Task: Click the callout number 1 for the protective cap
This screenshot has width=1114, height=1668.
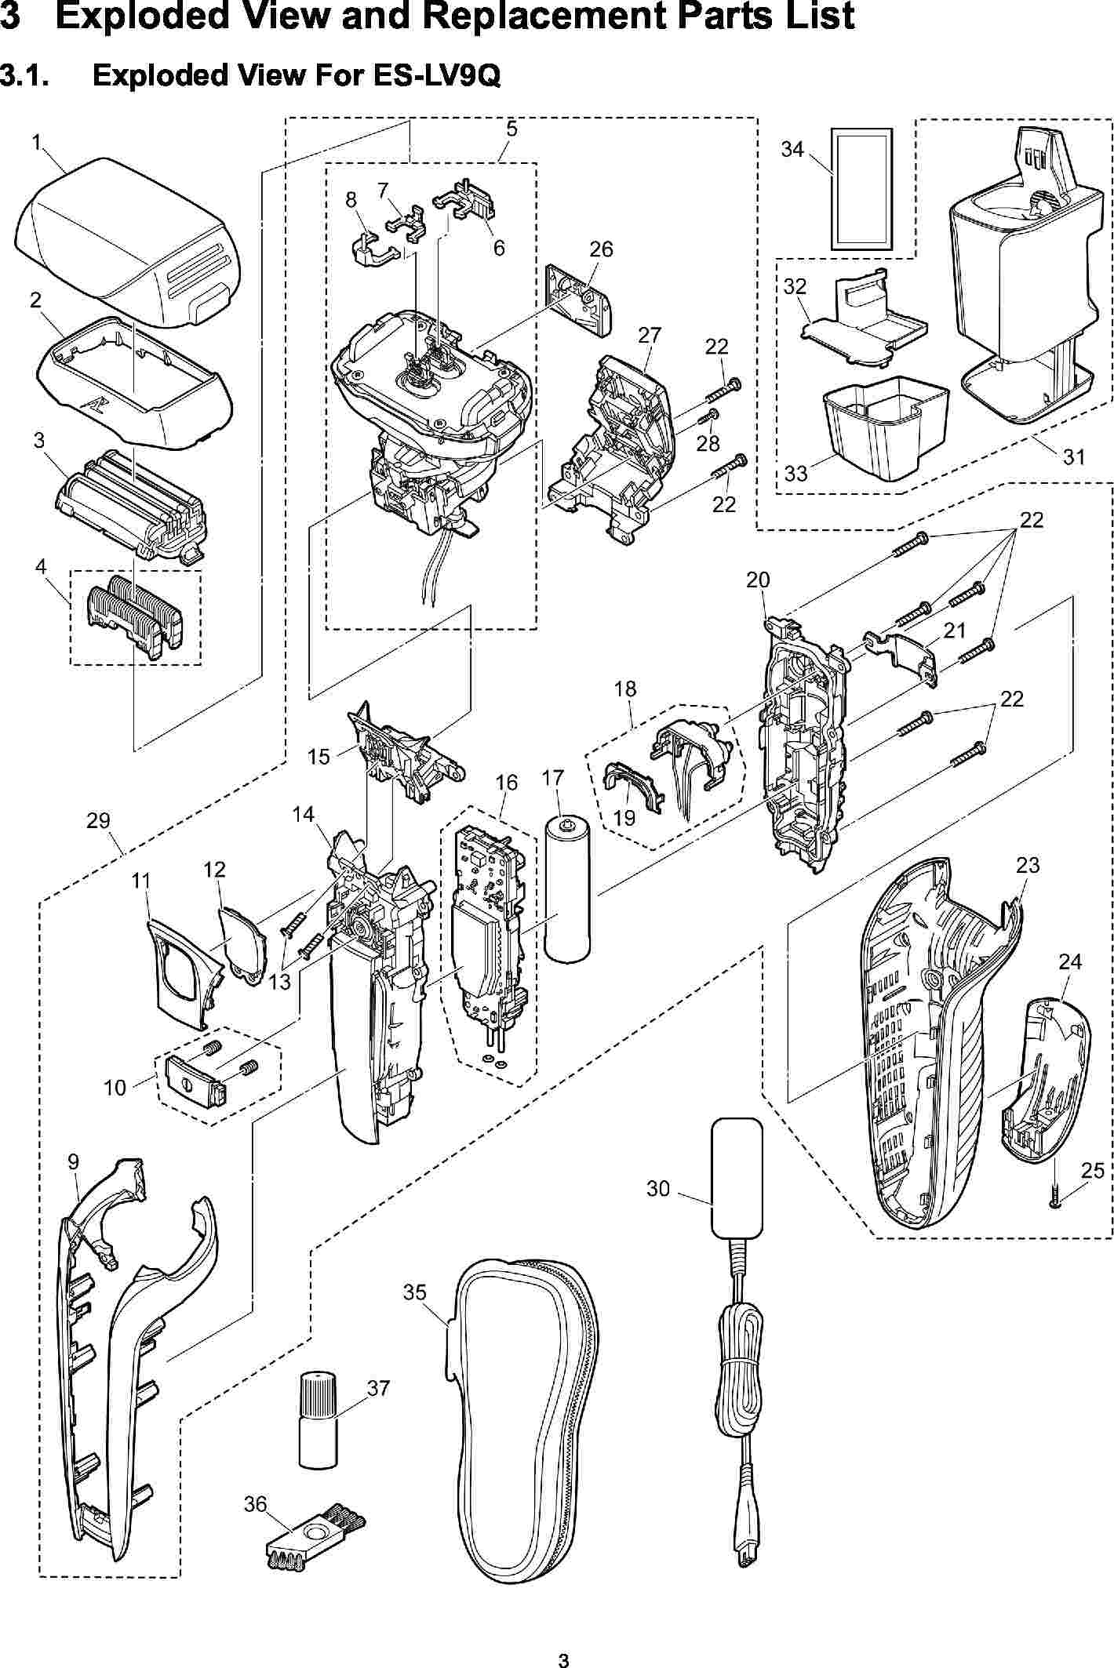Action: click(37, 142)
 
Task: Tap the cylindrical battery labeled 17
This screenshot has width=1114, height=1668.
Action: click(566, 890)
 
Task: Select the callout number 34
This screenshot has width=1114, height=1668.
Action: click(792, 148)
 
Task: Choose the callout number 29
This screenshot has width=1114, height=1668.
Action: click(98, 821)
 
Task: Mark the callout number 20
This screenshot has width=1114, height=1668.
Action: click(758, 580)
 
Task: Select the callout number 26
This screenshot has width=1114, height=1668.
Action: click(601, 249)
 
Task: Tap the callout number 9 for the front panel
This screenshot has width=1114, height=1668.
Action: click(73, 1162)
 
